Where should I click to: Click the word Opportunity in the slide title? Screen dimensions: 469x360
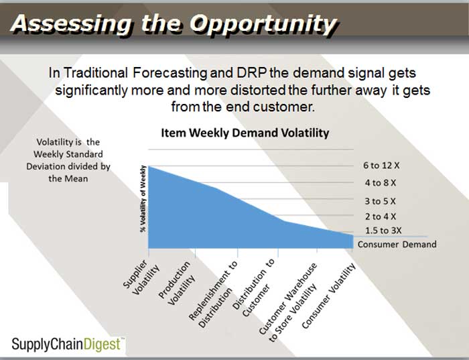click(263, 25)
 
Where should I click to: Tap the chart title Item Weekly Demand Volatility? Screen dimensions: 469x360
click(245, 133)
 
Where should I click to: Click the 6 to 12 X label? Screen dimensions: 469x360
click(381, 166)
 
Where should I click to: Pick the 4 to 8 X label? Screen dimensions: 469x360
click(381, 183)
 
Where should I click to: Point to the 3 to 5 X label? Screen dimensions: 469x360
click(380, 201)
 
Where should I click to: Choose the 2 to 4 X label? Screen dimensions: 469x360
click(381, 217)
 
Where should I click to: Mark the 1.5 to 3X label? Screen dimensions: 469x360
click(383, 231)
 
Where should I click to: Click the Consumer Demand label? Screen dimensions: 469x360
click(397, 244)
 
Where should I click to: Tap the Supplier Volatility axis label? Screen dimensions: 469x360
click(141, 277)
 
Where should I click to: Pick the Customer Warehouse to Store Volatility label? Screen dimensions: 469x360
click(287, 302)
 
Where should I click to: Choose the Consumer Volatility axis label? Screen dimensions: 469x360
click(329, 296)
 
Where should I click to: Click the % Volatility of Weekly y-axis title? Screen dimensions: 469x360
click(143, 198)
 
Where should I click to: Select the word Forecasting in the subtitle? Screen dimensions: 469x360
click(170, 74)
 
